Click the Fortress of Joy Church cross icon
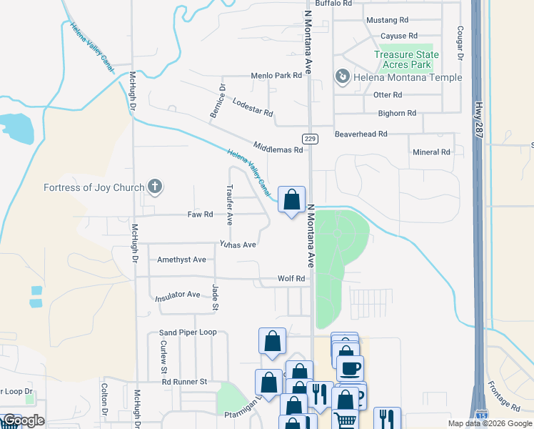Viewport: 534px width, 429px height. click(x=155, y=188)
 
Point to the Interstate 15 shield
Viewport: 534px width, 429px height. click(x=482, y=414)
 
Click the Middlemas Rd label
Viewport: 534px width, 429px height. click(x=277, y=149)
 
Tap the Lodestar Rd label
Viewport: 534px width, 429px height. click(x=253, y=108)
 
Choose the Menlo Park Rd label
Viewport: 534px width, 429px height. click(x=277, y=75)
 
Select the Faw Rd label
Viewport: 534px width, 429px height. click(x=200, y=214)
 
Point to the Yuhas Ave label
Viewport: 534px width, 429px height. click(x=238, y=244)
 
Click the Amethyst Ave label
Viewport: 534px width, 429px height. click(x=181, y=260)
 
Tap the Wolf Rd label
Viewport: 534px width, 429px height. click(x=291, y=278)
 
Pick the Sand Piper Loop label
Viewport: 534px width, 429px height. click(x=188, y=332)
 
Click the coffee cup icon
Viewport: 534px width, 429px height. click(x=350, y=369)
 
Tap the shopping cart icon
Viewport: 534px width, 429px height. click(x=345, y=420)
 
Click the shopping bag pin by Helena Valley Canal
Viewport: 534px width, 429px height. click(x=291, y=200)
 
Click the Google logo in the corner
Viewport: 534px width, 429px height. click(x=23, y=420)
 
